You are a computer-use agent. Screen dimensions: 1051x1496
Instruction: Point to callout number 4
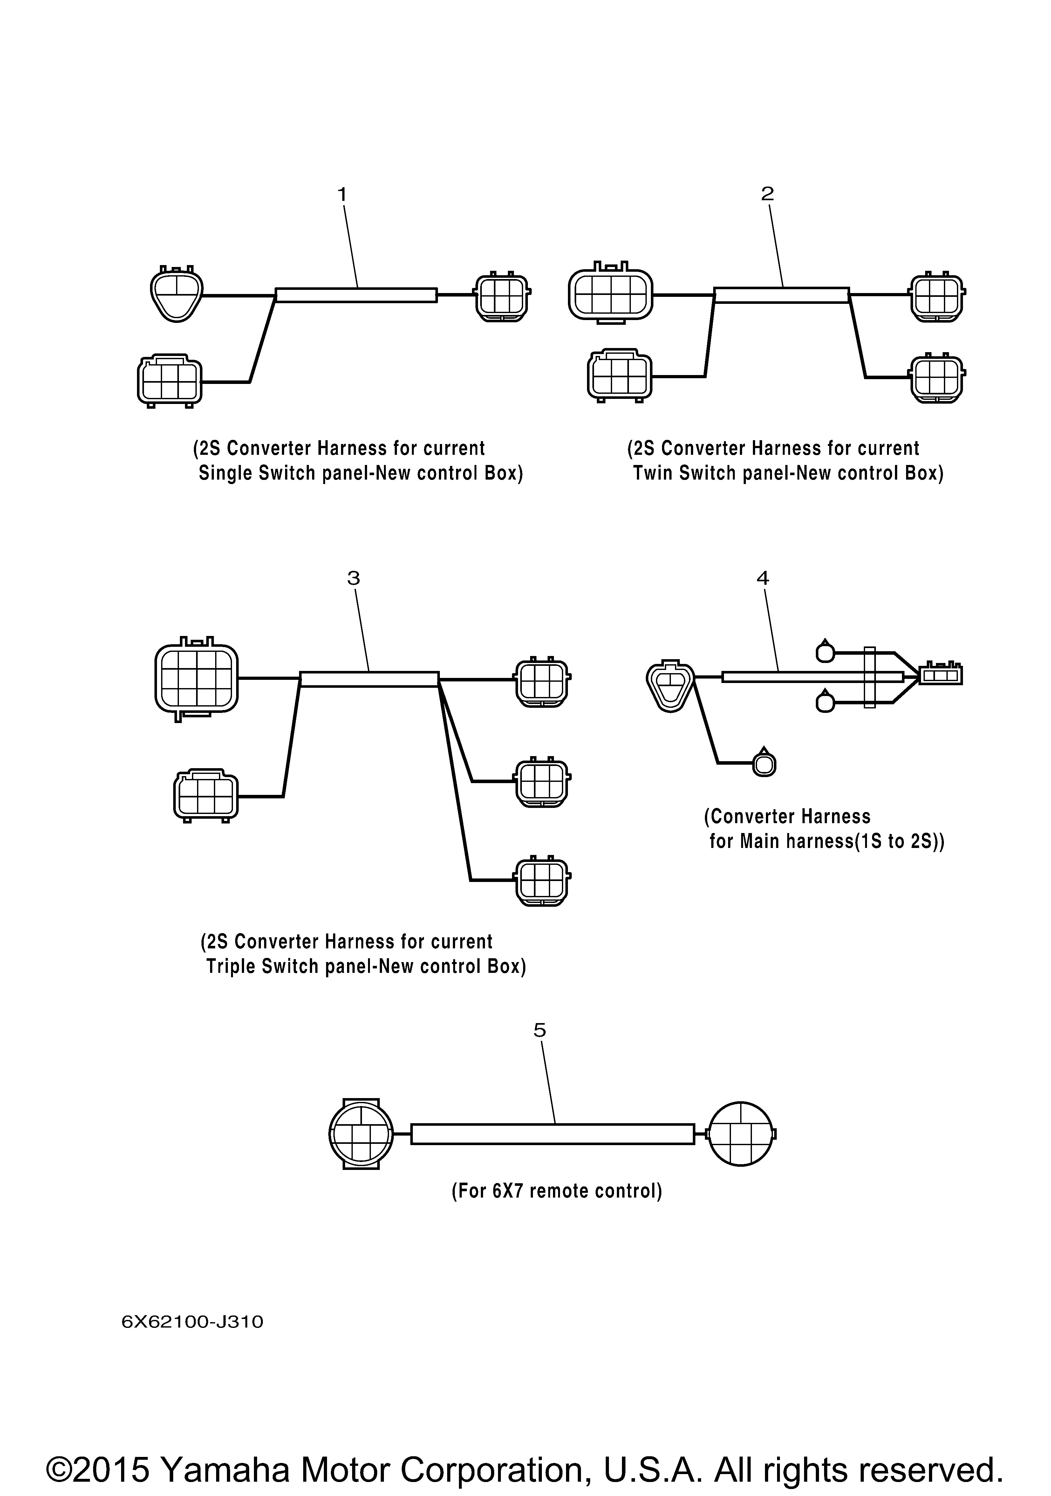coord(762,577)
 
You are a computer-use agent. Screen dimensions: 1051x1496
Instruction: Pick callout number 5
coord(540,1030)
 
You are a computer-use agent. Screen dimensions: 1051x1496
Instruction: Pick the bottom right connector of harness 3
coord(543,881)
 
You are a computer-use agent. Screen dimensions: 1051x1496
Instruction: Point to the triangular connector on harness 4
coord(671,688)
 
